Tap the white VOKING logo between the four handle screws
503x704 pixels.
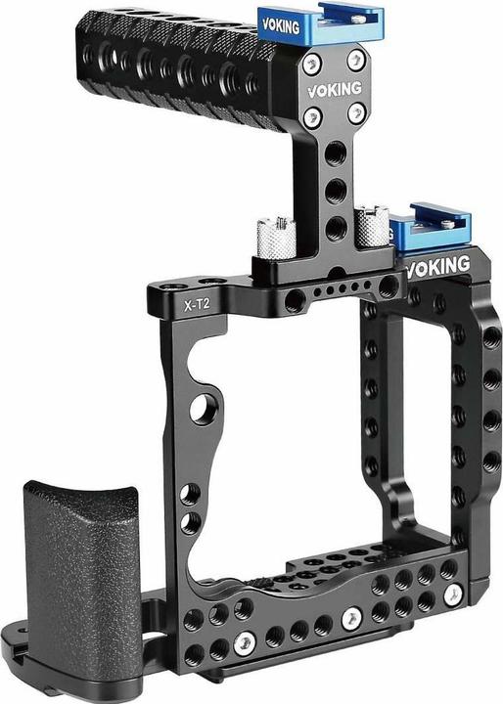pos(332,88)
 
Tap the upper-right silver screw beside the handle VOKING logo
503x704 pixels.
pos(355,59)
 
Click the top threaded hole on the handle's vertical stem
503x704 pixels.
pos(335,153)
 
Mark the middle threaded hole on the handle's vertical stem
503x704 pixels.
pos(335,189)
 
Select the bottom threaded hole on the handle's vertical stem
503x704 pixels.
pos(335,226)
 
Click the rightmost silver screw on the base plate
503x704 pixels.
pos(450,594)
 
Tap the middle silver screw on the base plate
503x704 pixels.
pos(351,618)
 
